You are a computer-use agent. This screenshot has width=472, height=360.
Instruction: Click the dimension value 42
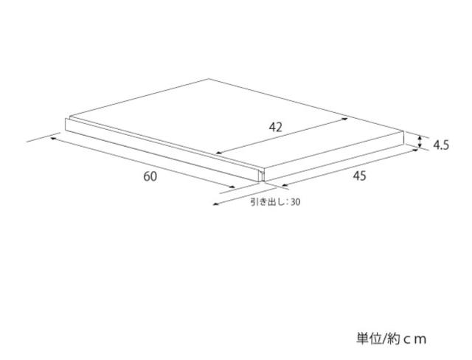275,128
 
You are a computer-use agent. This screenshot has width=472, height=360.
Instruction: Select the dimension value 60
150,176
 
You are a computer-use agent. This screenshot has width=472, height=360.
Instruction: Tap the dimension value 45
359,176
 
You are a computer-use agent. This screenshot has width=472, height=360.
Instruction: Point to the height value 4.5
441,145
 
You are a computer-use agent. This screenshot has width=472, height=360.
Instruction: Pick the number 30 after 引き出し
296,202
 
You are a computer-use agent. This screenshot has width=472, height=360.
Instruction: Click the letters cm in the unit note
414,339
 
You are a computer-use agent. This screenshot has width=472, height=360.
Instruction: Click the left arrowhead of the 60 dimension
53,139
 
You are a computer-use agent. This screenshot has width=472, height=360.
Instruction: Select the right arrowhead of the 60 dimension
232,187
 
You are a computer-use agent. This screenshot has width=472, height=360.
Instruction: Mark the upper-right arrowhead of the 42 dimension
345,120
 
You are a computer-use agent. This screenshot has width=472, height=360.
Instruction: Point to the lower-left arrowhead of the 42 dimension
219,153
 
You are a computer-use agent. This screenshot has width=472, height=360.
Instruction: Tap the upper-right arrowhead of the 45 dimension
415,150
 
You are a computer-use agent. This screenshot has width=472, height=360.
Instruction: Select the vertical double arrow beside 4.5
420,142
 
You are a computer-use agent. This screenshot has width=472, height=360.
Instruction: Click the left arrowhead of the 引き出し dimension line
215,204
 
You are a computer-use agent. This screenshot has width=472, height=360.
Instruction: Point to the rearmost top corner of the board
209,79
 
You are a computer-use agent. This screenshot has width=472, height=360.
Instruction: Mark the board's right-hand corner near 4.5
403,131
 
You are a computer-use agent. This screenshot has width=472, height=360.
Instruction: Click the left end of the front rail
66,125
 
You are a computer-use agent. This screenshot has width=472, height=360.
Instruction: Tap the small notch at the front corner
261,176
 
